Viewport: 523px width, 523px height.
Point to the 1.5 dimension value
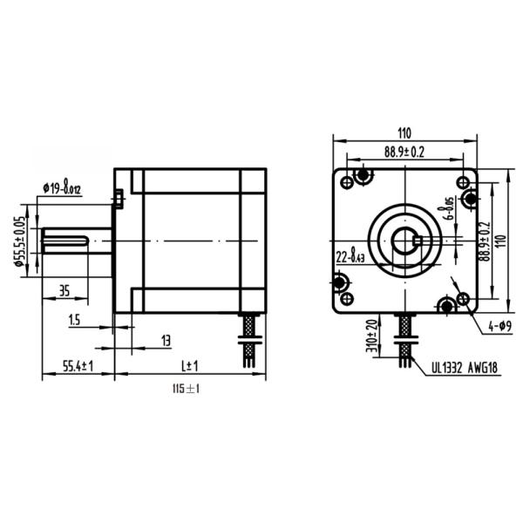(73, 322)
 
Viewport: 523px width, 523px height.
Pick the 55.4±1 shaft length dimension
(78, 366)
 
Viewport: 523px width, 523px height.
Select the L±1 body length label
(189, 366)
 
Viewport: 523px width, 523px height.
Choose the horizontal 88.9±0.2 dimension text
(404, 152)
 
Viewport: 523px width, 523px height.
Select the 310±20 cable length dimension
(372, 338)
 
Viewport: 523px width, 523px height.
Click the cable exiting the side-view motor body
(248, 336)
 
